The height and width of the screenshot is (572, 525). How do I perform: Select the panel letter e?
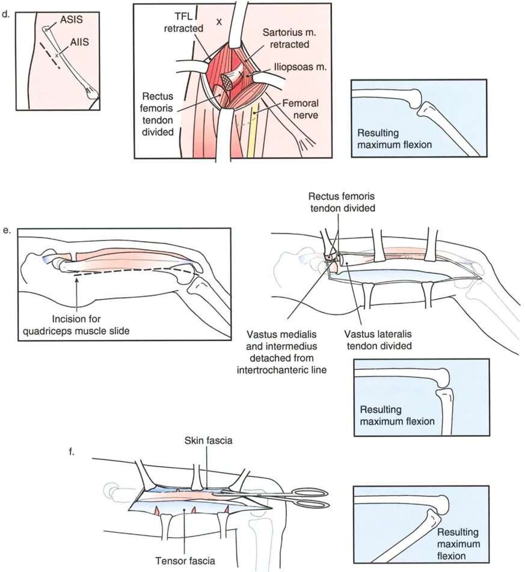point(7,229)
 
